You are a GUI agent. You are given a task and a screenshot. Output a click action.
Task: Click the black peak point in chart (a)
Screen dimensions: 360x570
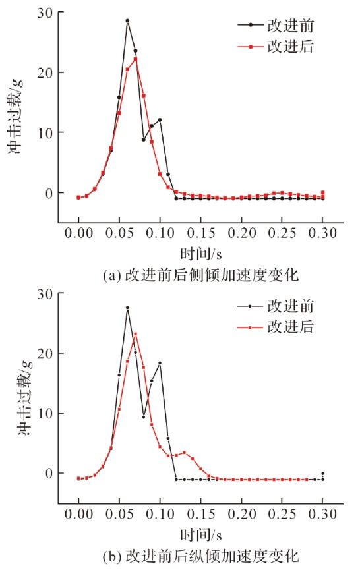tap(127, 21)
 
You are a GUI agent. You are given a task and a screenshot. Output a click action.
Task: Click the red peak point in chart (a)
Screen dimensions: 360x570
tap(135, 59)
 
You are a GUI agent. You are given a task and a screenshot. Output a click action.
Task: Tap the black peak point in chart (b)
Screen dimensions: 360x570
tap(127, 308)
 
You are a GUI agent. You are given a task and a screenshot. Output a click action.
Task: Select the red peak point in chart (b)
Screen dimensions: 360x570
tap(135, 333)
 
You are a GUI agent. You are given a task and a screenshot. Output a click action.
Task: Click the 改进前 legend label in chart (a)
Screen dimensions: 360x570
tap(290, 26)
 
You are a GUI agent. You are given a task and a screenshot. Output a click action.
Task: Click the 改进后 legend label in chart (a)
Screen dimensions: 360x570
tap(290, 47)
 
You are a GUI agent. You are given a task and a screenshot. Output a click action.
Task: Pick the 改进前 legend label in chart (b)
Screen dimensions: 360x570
tap(290, 306)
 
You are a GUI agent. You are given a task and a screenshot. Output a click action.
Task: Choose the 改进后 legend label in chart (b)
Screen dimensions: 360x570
tap(290, 327)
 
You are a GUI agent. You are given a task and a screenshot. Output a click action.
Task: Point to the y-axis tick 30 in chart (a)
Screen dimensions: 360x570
tap(45, 13)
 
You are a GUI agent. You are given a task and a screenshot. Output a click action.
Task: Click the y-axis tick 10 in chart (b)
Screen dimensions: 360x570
tap(45, 413)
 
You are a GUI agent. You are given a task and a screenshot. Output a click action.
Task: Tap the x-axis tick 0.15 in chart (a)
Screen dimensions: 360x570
tap(200, 233)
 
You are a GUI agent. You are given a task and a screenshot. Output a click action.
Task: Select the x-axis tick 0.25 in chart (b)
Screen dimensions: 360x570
tap(282, 514)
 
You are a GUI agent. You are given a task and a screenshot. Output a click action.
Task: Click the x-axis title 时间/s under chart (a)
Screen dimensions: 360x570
tap(200, 254)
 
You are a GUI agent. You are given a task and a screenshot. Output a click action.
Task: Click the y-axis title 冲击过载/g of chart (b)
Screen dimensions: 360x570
tap(25, 398)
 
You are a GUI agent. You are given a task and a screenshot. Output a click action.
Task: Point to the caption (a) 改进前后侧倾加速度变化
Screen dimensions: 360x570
tap(200, 275)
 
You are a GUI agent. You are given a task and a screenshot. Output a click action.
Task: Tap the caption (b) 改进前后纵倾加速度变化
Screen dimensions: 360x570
tap(200, 556)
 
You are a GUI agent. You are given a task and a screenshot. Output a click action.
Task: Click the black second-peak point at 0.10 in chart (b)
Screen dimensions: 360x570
tap(160, 363)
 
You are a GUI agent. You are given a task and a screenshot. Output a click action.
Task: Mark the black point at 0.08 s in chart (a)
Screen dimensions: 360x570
tap(144, 140)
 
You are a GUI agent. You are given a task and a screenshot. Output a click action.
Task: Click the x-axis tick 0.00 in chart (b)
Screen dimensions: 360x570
tap(78, 514)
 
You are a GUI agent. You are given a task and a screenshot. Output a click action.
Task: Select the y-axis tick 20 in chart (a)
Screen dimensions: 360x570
tap(45, 72)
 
